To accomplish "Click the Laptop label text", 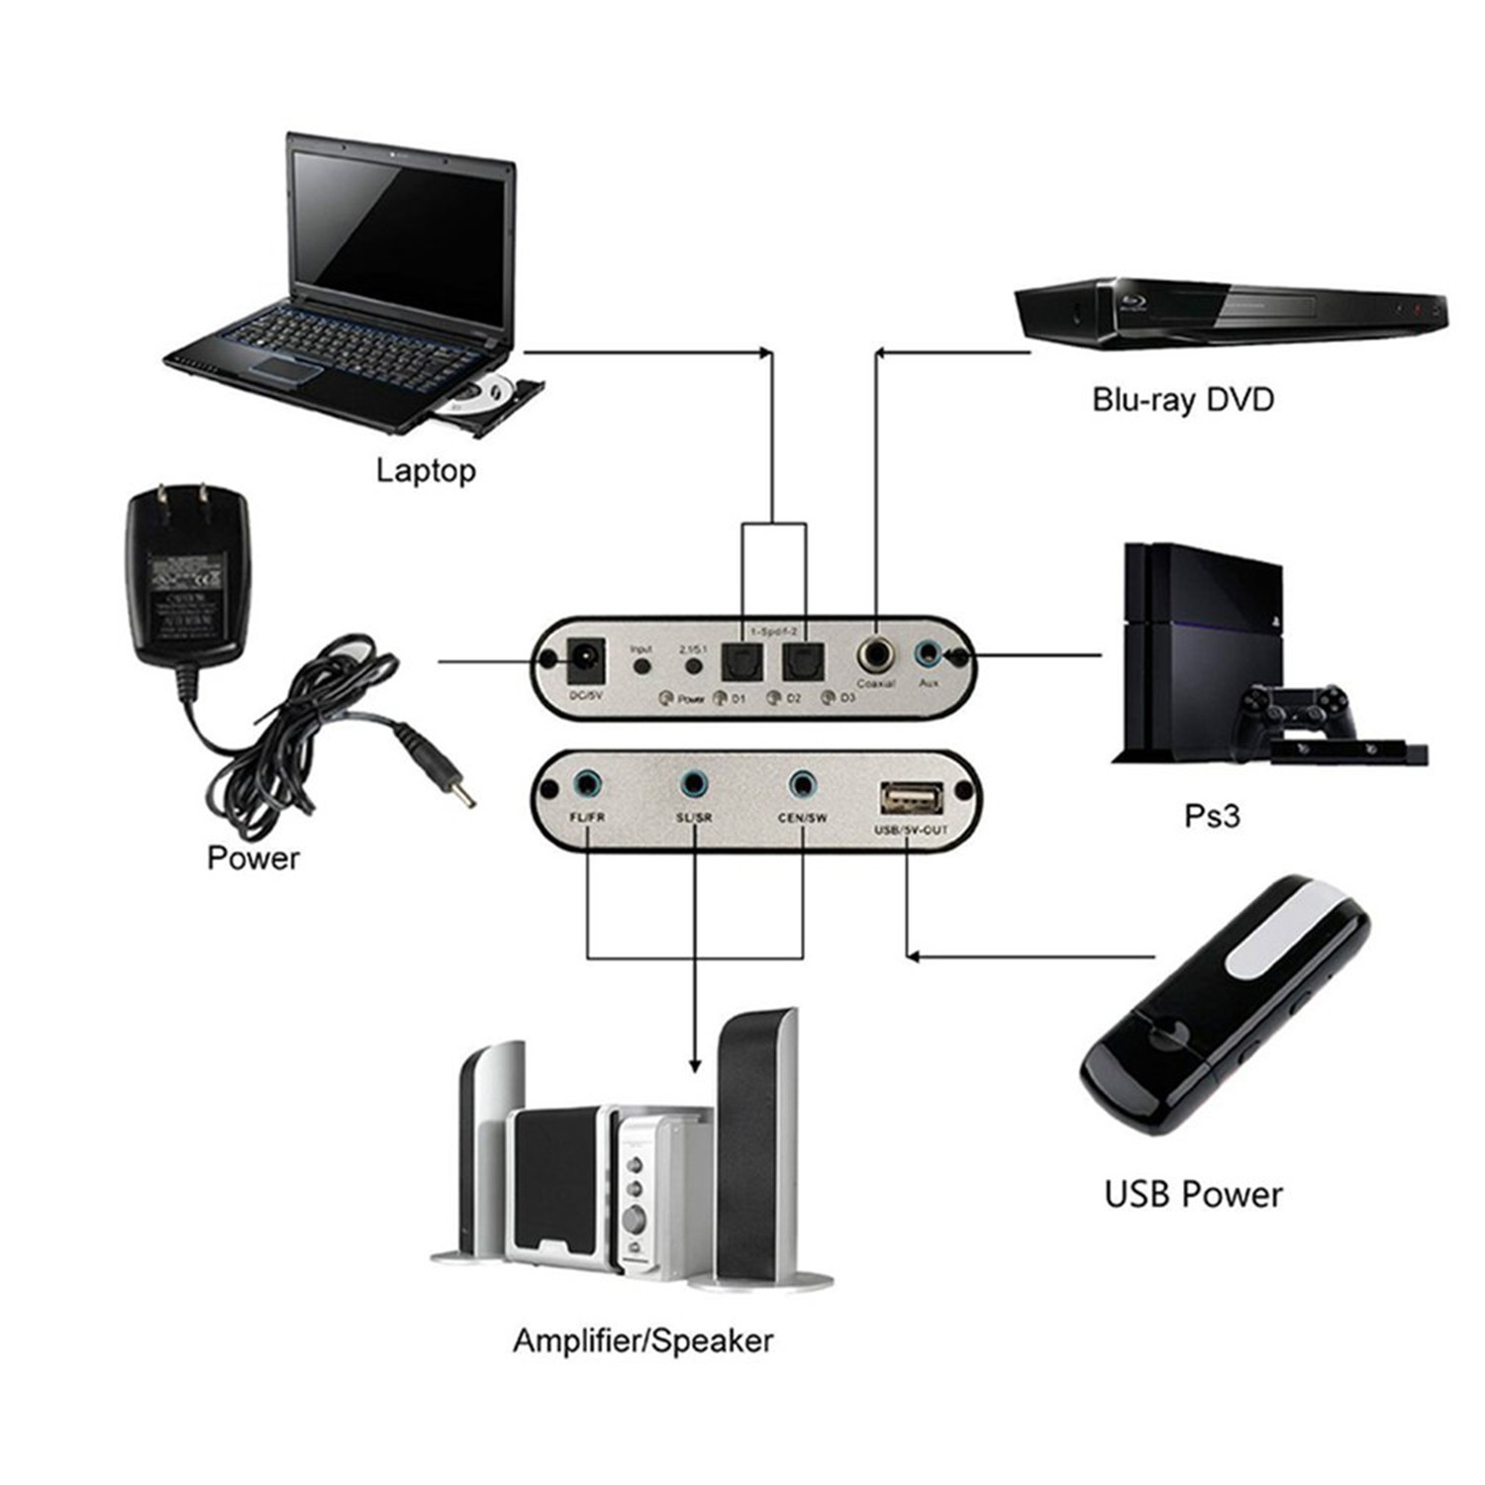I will pos(426,470).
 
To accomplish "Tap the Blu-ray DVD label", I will pos(1182,400).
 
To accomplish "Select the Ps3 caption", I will pos(1212,816).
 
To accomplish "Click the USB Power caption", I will pos(1193,1194).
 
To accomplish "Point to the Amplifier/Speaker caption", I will pos(643,1340).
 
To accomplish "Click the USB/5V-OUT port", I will pos(911,797).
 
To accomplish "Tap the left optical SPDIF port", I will pos(742,661).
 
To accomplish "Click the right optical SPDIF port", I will pos(802,661).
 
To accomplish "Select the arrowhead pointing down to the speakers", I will pos(695,1065).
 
